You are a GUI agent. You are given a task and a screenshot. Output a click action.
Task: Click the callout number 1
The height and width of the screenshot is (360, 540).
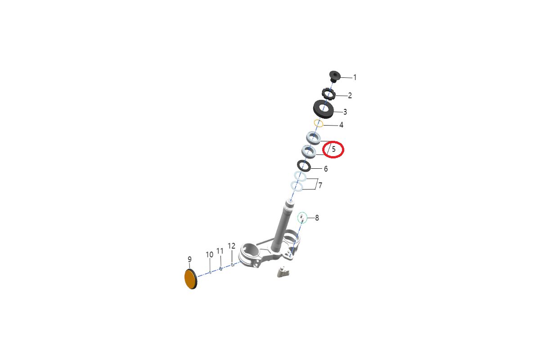tap(355, 77)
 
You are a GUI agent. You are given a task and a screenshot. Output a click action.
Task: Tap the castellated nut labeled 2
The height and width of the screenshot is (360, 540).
tap(328, 95)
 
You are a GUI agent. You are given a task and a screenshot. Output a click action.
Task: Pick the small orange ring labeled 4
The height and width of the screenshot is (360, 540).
tap(319, 123)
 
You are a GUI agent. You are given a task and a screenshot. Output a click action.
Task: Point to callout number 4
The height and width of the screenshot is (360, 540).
tap(341, 125)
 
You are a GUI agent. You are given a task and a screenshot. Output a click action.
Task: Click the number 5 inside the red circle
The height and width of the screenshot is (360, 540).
tap(333, 149)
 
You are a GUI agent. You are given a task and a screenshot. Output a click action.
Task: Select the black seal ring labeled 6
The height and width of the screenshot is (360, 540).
tap(304, 166)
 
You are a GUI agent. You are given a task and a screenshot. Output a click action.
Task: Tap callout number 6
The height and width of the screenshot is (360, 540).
tap(326, 169)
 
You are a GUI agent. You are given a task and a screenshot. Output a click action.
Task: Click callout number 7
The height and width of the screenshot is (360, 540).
tap(320, 185)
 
